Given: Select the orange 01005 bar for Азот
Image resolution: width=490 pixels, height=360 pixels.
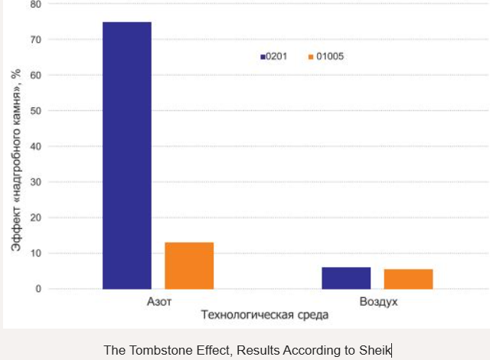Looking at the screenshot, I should [x=189, y=265].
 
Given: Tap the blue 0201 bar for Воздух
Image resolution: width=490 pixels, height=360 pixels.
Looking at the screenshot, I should [x=346, y=278].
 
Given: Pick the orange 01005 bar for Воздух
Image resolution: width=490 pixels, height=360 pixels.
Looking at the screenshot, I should [x=408, y=279].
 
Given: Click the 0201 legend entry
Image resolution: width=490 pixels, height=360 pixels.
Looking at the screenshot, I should [x=273, y=56].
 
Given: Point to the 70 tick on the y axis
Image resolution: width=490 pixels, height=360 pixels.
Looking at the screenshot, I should [x=35, y=39].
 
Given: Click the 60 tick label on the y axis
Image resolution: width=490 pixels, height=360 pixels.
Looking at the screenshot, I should [x=35, y=75].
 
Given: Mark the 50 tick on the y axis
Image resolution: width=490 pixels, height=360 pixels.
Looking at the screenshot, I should [x=35, y=110].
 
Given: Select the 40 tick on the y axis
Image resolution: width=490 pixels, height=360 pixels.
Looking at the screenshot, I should [x=35, y=146].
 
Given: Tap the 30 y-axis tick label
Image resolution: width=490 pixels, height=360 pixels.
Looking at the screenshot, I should [x=35, y=182].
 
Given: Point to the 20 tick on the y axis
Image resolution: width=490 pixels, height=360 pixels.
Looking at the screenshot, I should [x=35, y=218].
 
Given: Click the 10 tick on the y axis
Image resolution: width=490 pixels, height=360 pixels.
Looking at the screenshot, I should [x=35, y=253].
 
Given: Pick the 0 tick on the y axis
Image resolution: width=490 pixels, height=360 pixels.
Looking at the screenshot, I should [x=38, y=289].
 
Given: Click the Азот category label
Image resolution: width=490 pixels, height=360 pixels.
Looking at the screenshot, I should [x=159, y=302].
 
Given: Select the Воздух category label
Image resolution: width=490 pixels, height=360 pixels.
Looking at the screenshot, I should [x=378, y=302].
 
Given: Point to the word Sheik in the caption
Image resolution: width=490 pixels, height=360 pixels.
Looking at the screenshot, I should [x=375, y=350].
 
